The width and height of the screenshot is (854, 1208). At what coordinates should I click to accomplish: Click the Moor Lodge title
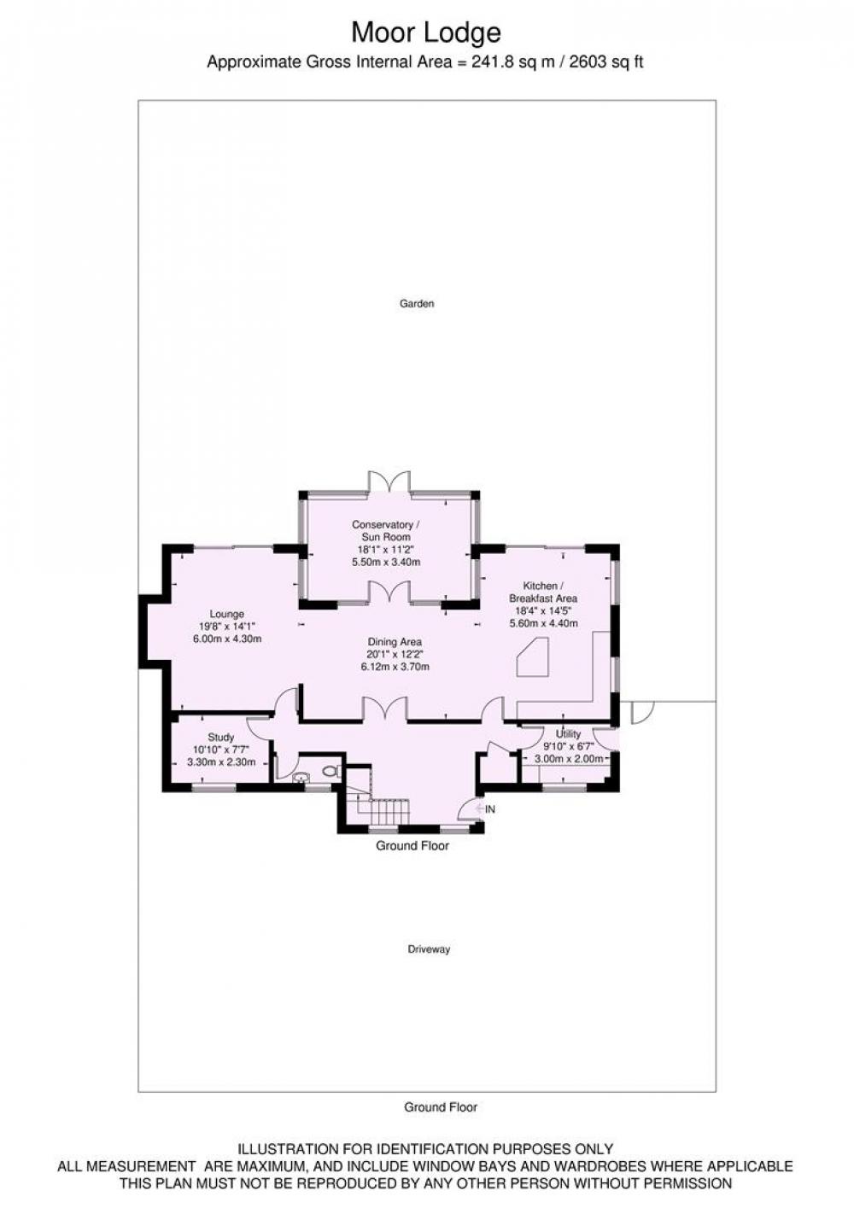(x=426, y=32)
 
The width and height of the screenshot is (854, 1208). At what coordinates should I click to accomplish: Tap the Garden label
(x=417, y=304)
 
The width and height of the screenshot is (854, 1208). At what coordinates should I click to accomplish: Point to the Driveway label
(x=429, y=949)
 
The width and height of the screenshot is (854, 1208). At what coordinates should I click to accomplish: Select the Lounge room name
(x=226, y=614)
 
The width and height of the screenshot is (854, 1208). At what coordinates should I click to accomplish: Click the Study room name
(x=221, y=737)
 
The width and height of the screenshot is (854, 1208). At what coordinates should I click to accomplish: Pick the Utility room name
(x=568, y=733)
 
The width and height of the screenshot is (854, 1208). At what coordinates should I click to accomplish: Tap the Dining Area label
(x=395, y=642)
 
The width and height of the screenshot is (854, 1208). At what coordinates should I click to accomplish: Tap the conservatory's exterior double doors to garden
(x=389, y=481)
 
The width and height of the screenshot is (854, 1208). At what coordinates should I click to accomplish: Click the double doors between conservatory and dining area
(x=389, y=592)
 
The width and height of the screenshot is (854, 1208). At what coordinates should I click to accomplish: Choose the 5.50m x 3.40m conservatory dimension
(x=386, y=562)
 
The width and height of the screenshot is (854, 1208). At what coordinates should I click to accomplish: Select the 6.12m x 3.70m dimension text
(x=395, y=667)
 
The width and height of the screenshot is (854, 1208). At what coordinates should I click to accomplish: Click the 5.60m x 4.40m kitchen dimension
(x=543, y=623)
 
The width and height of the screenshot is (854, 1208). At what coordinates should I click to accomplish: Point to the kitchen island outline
(x=532, y=657)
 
